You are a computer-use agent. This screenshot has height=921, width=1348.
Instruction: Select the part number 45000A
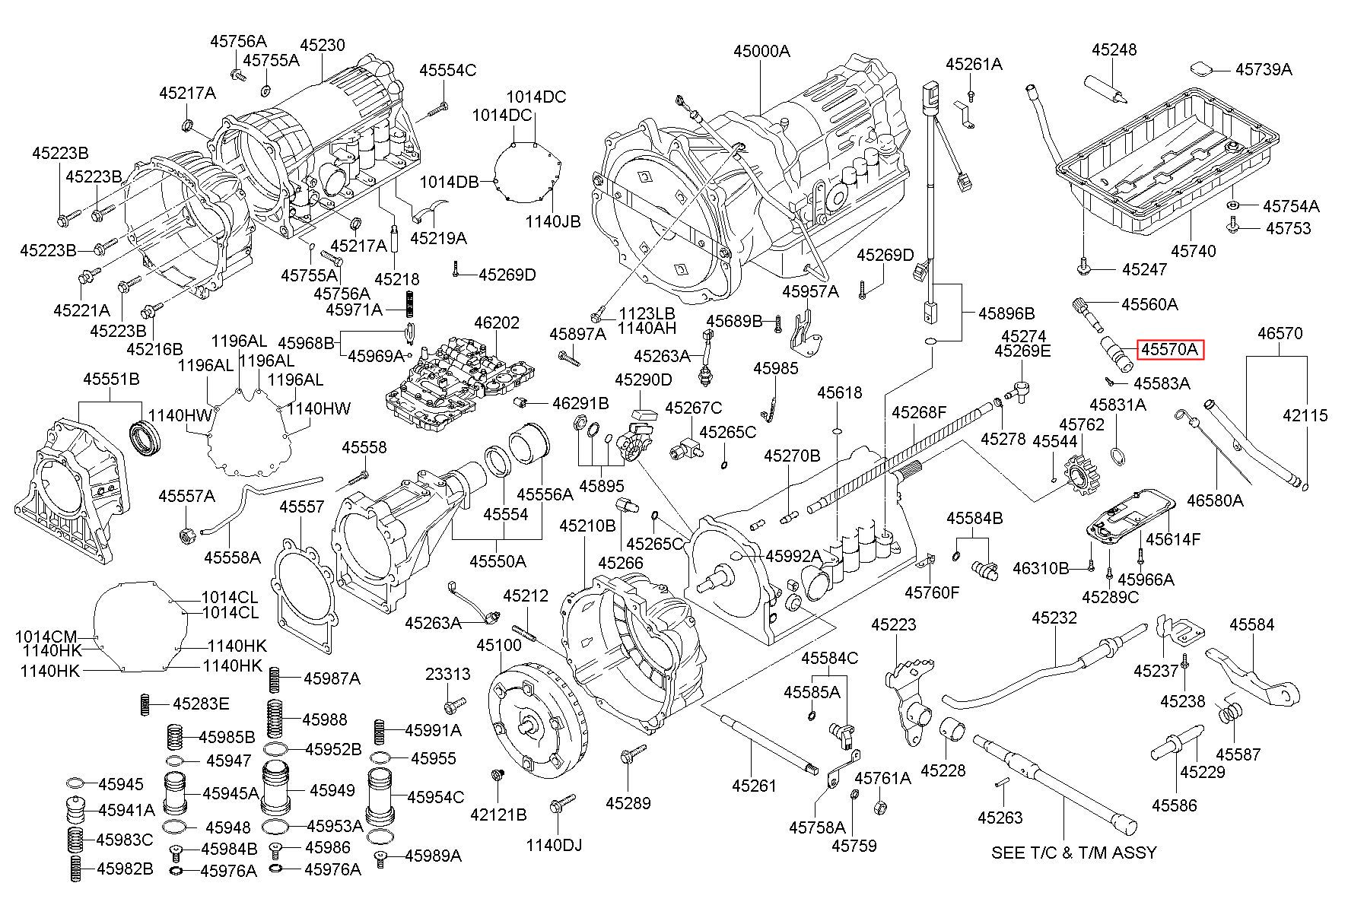[761, 51]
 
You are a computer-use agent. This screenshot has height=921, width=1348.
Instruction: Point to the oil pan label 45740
[1193, 250]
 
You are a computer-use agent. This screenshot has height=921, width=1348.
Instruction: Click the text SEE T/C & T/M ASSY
[1073, 853]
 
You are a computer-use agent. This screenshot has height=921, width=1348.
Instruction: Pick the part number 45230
[322, 45]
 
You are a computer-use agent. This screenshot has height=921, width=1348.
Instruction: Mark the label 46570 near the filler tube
[1280, 333]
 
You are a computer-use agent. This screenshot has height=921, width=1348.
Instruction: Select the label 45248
[1114, 49]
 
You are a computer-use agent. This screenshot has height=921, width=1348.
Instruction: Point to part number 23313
[447, 674]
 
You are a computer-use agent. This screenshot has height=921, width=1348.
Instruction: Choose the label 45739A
[1264, 69]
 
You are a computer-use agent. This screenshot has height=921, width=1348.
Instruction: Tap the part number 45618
[840, 392]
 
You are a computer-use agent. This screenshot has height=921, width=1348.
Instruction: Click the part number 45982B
[125, 869]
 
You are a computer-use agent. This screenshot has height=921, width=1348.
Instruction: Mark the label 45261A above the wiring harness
[974, 64]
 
